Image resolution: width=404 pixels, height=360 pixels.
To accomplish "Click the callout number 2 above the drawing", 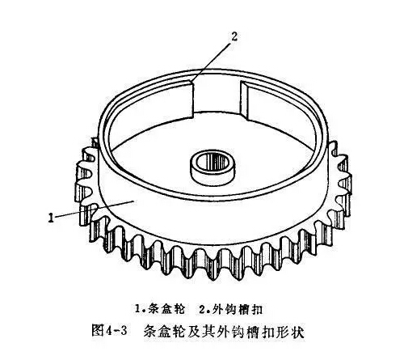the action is click(234, 36).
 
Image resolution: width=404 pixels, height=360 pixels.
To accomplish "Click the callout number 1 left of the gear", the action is click(51, 218).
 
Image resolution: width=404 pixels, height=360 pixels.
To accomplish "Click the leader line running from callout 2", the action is click(211, 61).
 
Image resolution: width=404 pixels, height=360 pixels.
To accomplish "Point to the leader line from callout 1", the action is click(95, 208).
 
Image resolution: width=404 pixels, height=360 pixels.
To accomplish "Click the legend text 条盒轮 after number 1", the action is click(167, 309).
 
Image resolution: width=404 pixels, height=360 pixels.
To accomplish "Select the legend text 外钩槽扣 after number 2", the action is click(238, 309).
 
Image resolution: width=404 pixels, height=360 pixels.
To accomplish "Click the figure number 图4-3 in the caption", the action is click(109, 331).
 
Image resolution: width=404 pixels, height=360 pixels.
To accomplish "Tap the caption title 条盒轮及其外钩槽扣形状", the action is click(224, 332).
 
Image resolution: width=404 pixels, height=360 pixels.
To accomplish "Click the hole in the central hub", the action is click(213, 163).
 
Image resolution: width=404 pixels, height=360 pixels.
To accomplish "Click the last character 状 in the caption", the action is click(297, 332).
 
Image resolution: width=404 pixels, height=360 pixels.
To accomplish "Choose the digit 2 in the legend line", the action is click(203, 309).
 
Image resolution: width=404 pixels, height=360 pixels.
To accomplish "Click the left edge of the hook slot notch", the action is click(193, 100).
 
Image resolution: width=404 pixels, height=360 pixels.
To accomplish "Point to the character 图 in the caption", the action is click(98, 331).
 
